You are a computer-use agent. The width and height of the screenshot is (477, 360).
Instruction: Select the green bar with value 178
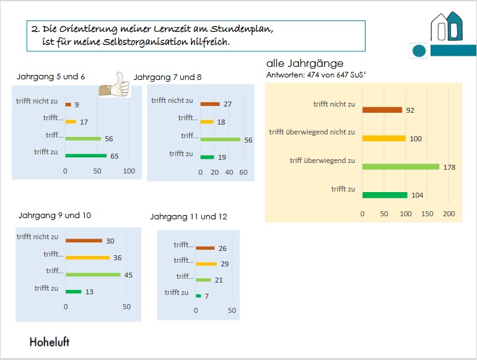click(401, 166)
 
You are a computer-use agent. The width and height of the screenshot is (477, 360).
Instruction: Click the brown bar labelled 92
click(382, 110)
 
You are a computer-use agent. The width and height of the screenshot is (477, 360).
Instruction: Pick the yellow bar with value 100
click(384, 138)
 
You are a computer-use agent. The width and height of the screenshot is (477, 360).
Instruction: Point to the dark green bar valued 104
click(385, 195)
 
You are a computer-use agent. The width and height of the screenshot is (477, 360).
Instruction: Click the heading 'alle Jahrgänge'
click(305, 63)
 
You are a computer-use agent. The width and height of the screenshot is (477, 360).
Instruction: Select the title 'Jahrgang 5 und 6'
click(51, 77)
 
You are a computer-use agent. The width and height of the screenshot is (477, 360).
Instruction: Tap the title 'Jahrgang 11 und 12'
click(188, 216)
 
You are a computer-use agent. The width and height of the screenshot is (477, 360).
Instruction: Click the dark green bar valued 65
click(85, 156)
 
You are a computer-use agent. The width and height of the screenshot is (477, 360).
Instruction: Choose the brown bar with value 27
click(210, 103)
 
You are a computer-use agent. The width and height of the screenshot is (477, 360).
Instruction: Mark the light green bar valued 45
click(93, 274)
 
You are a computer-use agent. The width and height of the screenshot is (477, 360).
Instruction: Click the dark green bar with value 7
click(198, 296)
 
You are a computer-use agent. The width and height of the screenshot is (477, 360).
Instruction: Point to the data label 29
click(224, 265)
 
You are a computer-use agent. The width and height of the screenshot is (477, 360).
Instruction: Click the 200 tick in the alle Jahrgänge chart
click(449, 214)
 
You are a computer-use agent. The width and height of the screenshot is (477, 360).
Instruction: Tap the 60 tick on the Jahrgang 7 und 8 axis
click(243, 171)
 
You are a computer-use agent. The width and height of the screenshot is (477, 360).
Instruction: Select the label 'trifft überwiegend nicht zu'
click(312, 132)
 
